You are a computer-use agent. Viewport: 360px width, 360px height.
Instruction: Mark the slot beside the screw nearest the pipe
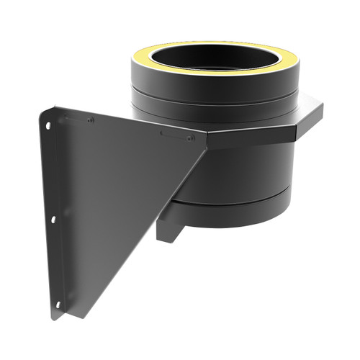coord(173,135)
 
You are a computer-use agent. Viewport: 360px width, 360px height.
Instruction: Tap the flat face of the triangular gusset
coord(108,194)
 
